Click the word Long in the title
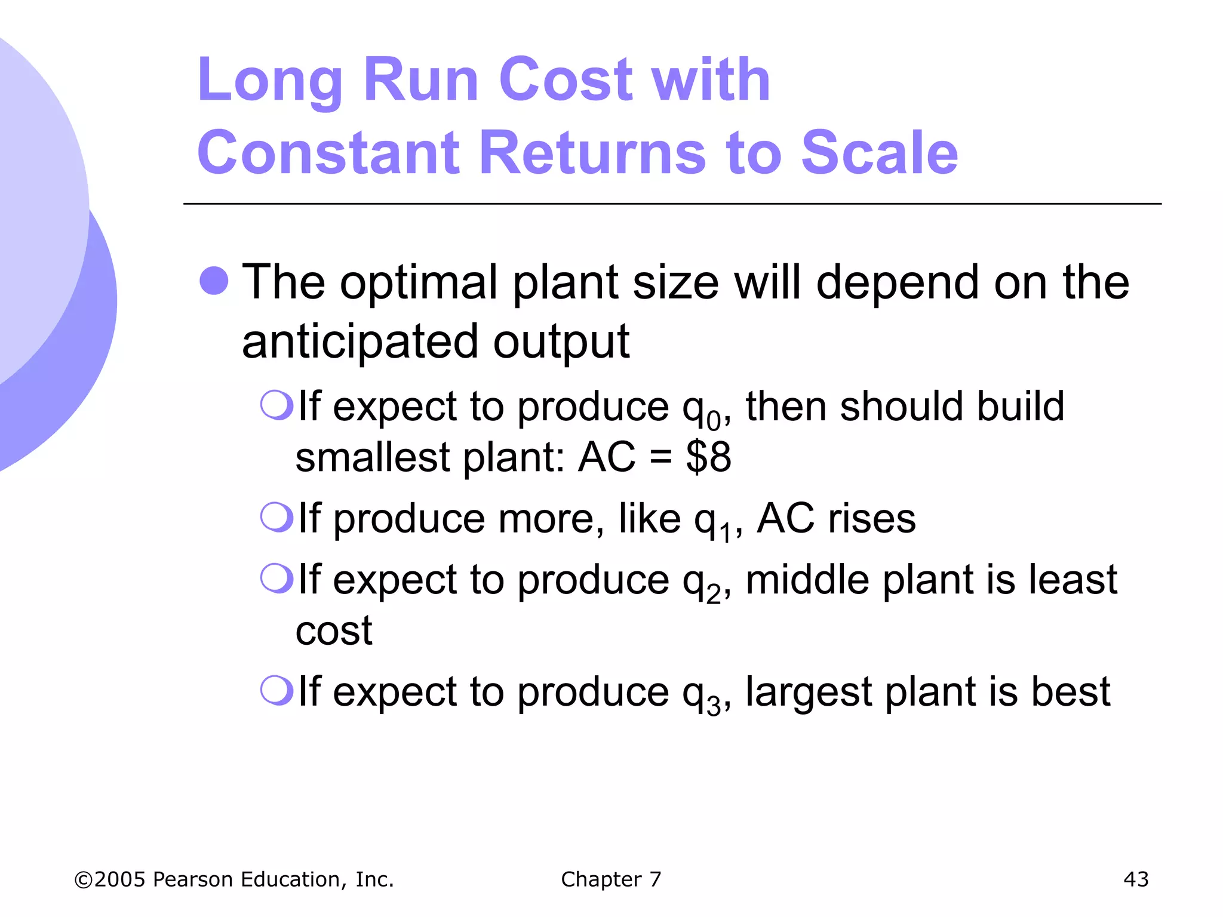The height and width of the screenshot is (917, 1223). (269, 81)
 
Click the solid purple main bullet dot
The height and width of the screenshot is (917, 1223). (214, 281)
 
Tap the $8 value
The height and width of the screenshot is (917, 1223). (708, 458)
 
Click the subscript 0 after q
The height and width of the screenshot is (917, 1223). (714, 421)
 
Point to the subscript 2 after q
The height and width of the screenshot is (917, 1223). (714, 595)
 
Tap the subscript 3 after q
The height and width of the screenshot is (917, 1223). (714, 707)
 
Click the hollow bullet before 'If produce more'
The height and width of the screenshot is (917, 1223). (276, 517)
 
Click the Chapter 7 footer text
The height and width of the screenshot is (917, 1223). (611, 879)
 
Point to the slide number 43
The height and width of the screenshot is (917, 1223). (1135, 879)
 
